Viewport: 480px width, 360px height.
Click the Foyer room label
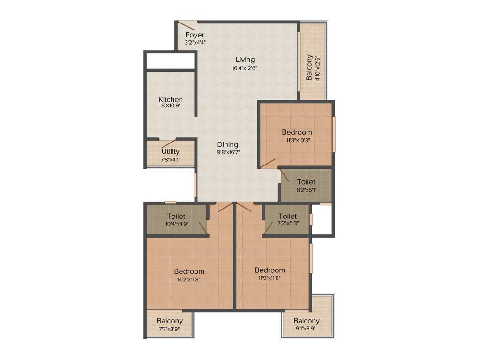(x=195, y=35)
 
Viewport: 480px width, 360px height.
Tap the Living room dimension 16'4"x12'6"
(x=245, y=68)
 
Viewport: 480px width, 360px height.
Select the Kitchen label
(x=171, y=100)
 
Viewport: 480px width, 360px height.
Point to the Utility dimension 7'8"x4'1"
(x=171, y=159)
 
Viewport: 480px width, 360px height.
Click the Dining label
(x=227, y=145)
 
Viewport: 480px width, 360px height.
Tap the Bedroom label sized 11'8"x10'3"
(x=297, y=132)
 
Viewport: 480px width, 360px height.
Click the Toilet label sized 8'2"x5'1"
(x=306, y=181)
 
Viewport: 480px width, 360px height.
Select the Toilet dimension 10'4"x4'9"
(x=176, y=224)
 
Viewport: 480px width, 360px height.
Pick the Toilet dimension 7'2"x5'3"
(x=288, y=224)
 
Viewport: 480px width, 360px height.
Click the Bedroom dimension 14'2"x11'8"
(x=189, y=279)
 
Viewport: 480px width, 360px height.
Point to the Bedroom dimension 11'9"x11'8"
(x=270, y=278)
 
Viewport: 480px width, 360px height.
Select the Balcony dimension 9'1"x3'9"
(x=307, y=329)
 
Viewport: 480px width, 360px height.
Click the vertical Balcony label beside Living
(x=309, y=67)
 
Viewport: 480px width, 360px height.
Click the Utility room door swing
(x=169, y=143)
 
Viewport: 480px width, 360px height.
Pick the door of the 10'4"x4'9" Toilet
(x=203, y=227)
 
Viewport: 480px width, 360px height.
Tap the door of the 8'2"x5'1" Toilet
(x=284, y=175)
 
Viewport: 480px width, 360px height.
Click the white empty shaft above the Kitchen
(x=170, y=61)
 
